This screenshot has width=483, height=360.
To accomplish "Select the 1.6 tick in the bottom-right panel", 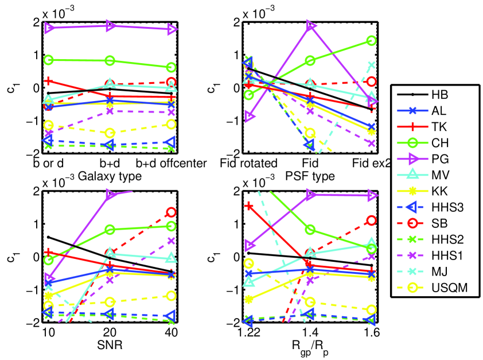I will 372,332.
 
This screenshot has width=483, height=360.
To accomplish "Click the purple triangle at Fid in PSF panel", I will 311,26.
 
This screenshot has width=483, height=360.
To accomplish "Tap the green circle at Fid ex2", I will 371,41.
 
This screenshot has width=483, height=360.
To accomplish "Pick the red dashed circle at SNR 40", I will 170,212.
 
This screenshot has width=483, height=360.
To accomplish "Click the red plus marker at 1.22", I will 249,206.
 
